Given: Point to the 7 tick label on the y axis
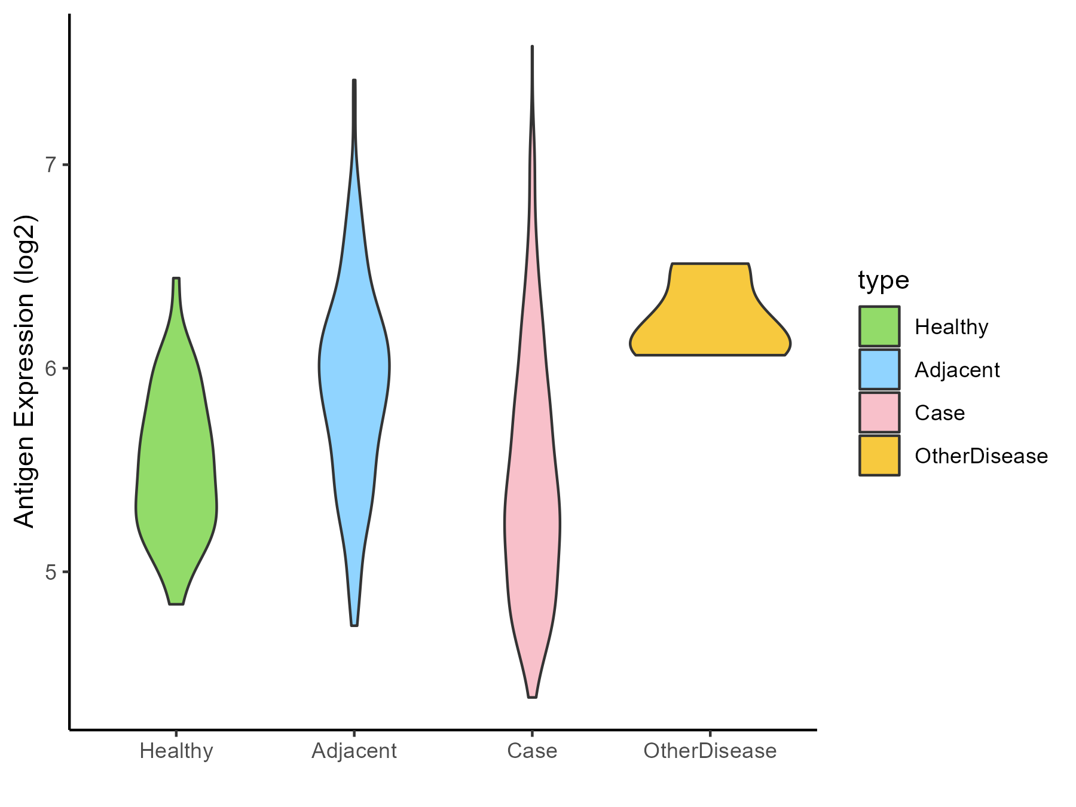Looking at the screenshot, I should [x=51, y=165].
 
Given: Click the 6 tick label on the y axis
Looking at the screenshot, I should [x=51, y=368].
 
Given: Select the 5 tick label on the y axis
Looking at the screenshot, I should [x=51, y=572].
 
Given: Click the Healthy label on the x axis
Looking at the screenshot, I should [x=176, y=751].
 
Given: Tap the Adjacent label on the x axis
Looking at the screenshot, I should [x=354, y=751].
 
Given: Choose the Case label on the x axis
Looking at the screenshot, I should [x=532, y=751].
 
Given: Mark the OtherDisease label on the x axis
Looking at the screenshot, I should [x=710, y=751].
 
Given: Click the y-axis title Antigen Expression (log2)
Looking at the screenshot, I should [x=25, y=371].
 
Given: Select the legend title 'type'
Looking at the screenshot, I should [x=884, y=280].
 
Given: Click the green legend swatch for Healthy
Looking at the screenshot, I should [x=879, y=326].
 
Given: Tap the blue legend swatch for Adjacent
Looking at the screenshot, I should [x=879, y=369].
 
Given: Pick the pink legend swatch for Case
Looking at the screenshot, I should [x=879, y=412].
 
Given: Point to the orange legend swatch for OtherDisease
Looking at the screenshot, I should [x=879, y=456].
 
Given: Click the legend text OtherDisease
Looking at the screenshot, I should [x=981, y=456].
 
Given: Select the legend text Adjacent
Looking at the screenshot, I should [x=957, y=370].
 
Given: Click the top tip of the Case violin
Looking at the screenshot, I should [x=532, y=47].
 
